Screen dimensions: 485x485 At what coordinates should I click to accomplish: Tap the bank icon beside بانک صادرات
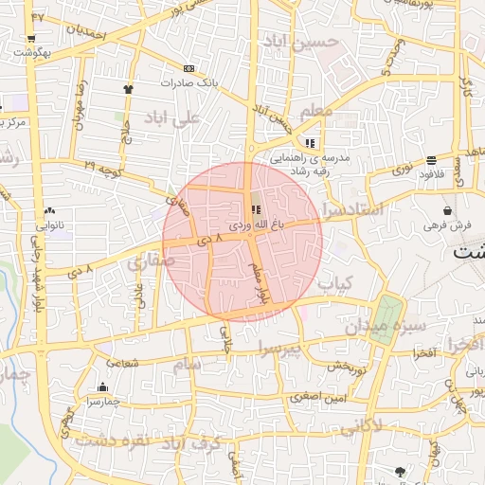pyautogui.click(x=189, y=68)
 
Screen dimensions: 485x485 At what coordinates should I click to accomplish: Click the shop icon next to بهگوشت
pyautogui.click(x=31, y=39)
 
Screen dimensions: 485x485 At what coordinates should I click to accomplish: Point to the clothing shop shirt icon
pyautogui.click(x=128, y=88)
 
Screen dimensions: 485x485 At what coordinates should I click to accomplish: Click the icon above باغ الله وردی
pyautogui.click(x=254, y=210)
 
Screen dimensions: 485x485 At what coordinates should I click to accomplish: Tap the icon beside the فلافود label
pyautogui.click(x=431, y=160)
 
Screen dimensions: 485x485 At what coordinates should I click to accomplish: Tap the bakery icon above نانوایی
pyautogui.click(x=49, y=211)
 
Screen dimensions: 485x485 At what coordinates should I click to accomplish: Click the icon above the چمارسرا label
pyautogui.click(x=102, y=387)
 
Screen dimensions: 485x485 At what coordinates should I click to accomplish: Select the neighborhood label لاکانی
pyautogui.click(x=359, y=427)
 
